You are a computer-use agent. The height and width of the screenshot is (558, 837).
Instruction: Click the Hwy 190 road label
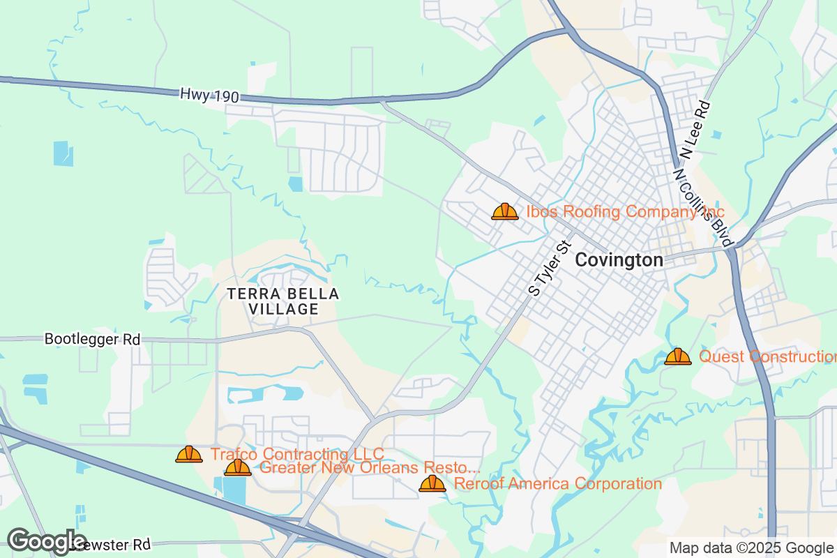[x=209, y=96]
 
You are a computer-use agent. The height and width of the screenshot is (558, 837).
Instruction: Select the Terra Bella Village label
[x=283, y=301]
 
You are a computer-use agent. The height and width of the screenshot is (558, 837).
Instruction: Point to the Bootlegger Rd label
[x=92, y=340]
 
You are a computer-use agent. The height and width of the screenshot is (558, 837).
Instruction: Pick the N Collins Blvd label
[x=704, y=207]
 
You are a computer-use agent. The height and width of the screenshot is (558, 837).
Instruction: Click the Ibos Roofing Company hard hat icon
[x=505, y=211]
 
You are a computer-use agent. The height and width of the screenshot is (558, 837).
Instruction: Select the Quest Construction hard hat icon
[x=678, y=356]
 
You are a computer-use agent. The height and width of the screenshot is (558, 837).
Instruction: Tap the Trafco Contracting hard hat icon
[x=189, y=455]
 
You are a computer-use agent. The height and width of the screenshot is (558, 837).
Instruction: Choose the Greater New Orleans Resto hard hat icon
[x=238, y=467]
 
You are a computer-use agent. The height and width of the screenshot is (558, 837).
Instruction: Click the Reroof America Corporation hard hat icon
[x=432, y=483]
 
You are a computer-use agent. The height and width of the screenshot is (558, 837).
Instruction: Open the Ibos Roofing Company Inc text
[x=625, y=211]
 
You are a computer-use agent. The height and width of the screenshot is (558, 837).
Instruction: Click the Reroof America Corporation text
[x=557, y=484]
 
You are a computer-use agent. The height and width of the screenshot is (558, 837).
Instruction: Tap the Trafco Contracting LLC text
[x=297, y=455]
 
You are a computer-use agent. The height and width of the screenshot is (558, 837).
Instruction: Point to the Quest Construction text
[x=767, y=357]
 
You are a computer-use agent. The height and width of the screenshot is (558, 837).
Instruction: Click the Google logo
[x=47, y=541]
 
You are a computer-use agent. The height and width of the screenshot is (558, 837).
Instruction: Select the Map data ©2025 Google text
[x=751, y=548]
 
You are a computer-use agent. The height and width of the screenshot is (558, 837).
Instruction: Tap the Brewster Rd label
[x=115, y=544]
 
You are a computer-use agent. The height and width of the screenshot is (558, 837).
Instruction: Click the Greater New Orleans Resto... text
[x=370, y=468]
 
